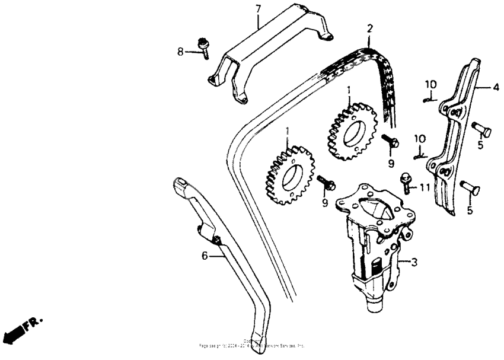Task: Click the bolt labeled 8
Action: [x=203, y=47]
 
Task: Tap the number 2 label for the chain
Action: [x=369, y=28]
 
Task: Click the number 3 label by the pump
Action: [x=414, y=261]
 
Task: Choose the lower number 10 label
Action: [x=420, y=138]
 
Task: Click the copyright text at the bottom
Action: [x=252, y=343]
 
